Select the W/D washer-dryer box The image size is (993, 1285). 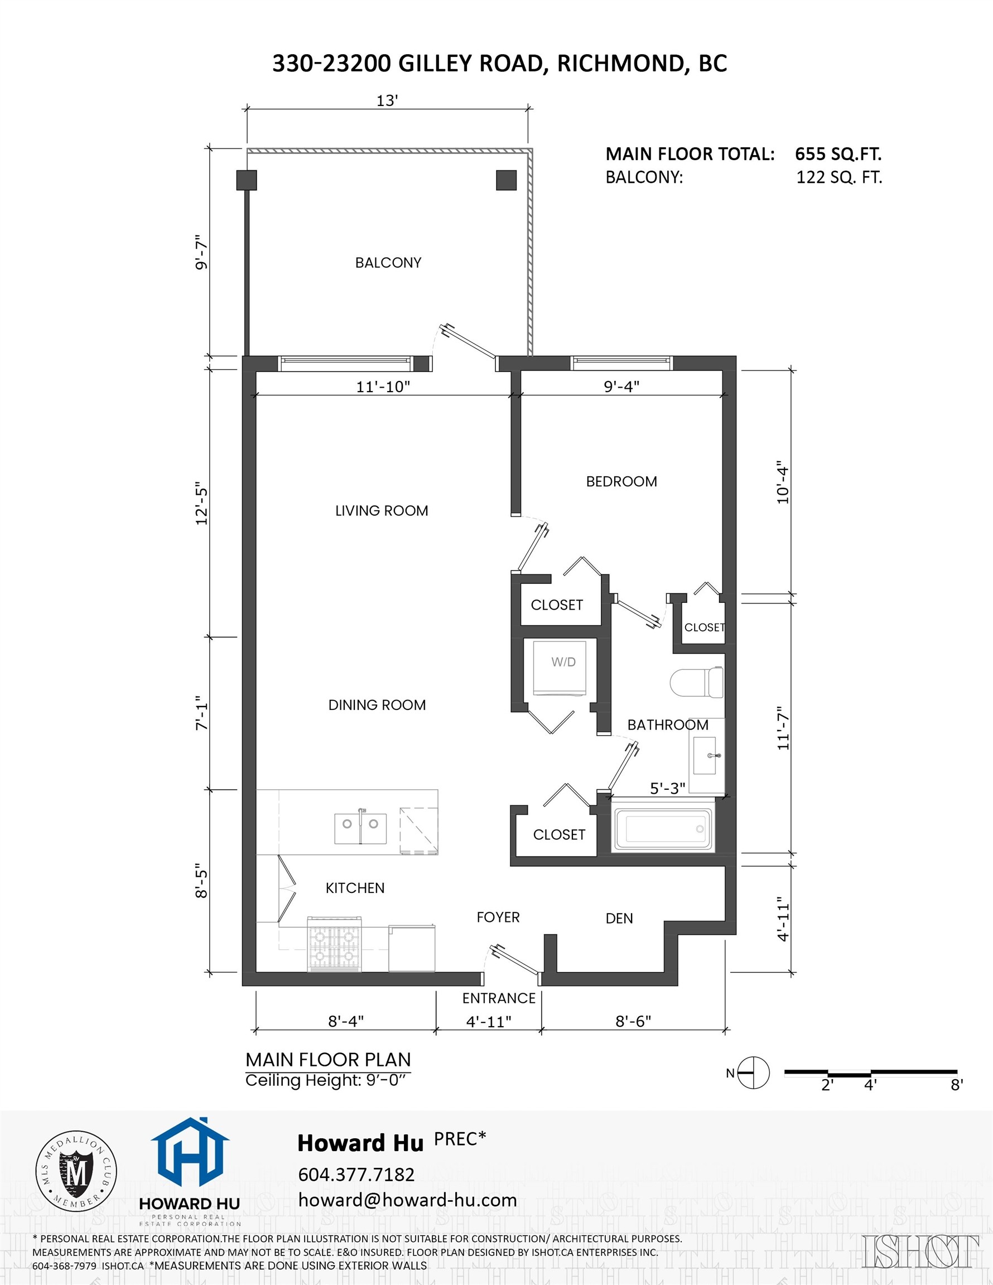pos(563,668)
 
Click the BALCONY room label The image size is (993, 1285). pos(388,263)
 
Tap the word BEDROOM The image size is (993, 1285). pos(621,481)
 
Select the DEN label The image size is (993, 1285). pos(619,919)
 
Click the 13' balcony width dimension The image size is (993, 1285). pos(387,101)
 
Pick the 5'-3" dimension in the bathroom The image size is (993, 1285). pos(667,789)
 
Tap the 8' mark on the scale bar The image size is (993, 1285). pos(957,1085)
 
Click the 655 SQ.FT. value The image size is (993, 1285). pos(837,154)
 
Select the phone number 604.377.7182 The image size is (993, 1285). pos(356,1175)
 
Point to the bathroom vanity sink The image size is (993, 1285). pos(706,756)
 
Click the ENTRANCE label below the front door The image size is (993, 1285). pos(499,998)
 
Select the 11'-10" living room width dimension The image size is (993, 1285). pos(383,387)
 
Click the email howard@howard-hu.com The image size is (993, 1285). pos(407,1200)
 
